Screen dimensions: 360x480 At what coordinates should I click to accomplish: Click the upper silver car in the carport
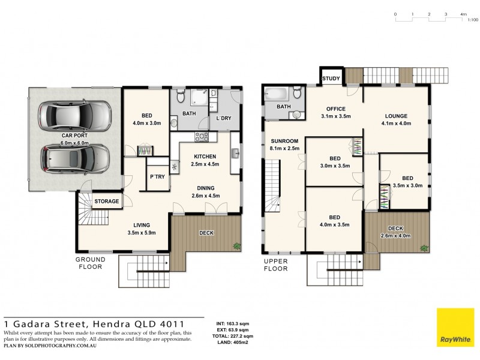(x=74, y=115)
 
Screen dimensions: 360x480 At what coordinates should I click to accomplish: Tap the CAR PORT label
(x=75, y=140)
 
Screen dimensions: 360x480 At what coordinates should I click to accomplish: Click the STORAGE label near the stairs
(x=107, y=201)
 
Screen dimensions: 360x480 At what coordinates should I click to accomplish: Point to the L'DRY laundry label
(x=223, y=118)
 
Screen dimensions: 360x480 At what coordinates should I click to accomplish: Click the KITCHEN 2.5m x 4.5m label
(x=205, y=160)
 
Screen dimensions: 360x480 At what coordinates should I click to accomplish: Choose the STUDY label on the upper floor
(x=331, y=79)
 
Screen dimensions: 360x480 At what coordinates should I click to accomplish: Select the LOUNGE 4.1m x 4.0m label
(x=397, y=119)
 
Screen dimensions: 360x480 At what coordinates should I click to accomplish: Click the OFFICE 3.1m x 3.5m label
(x=335, y=112)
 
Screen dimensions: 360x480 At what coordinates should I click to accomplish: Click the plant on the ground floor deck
(x=237, y=245)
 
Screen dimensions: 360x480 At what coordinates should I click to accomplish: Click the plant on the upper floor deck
(x=425, y=247)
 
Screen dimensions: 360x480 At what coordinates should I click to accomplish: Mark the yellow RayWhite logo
(x=455, y=328)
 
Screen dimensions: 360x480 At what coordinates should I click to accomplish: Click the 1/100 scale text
(x=473, y=20)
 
